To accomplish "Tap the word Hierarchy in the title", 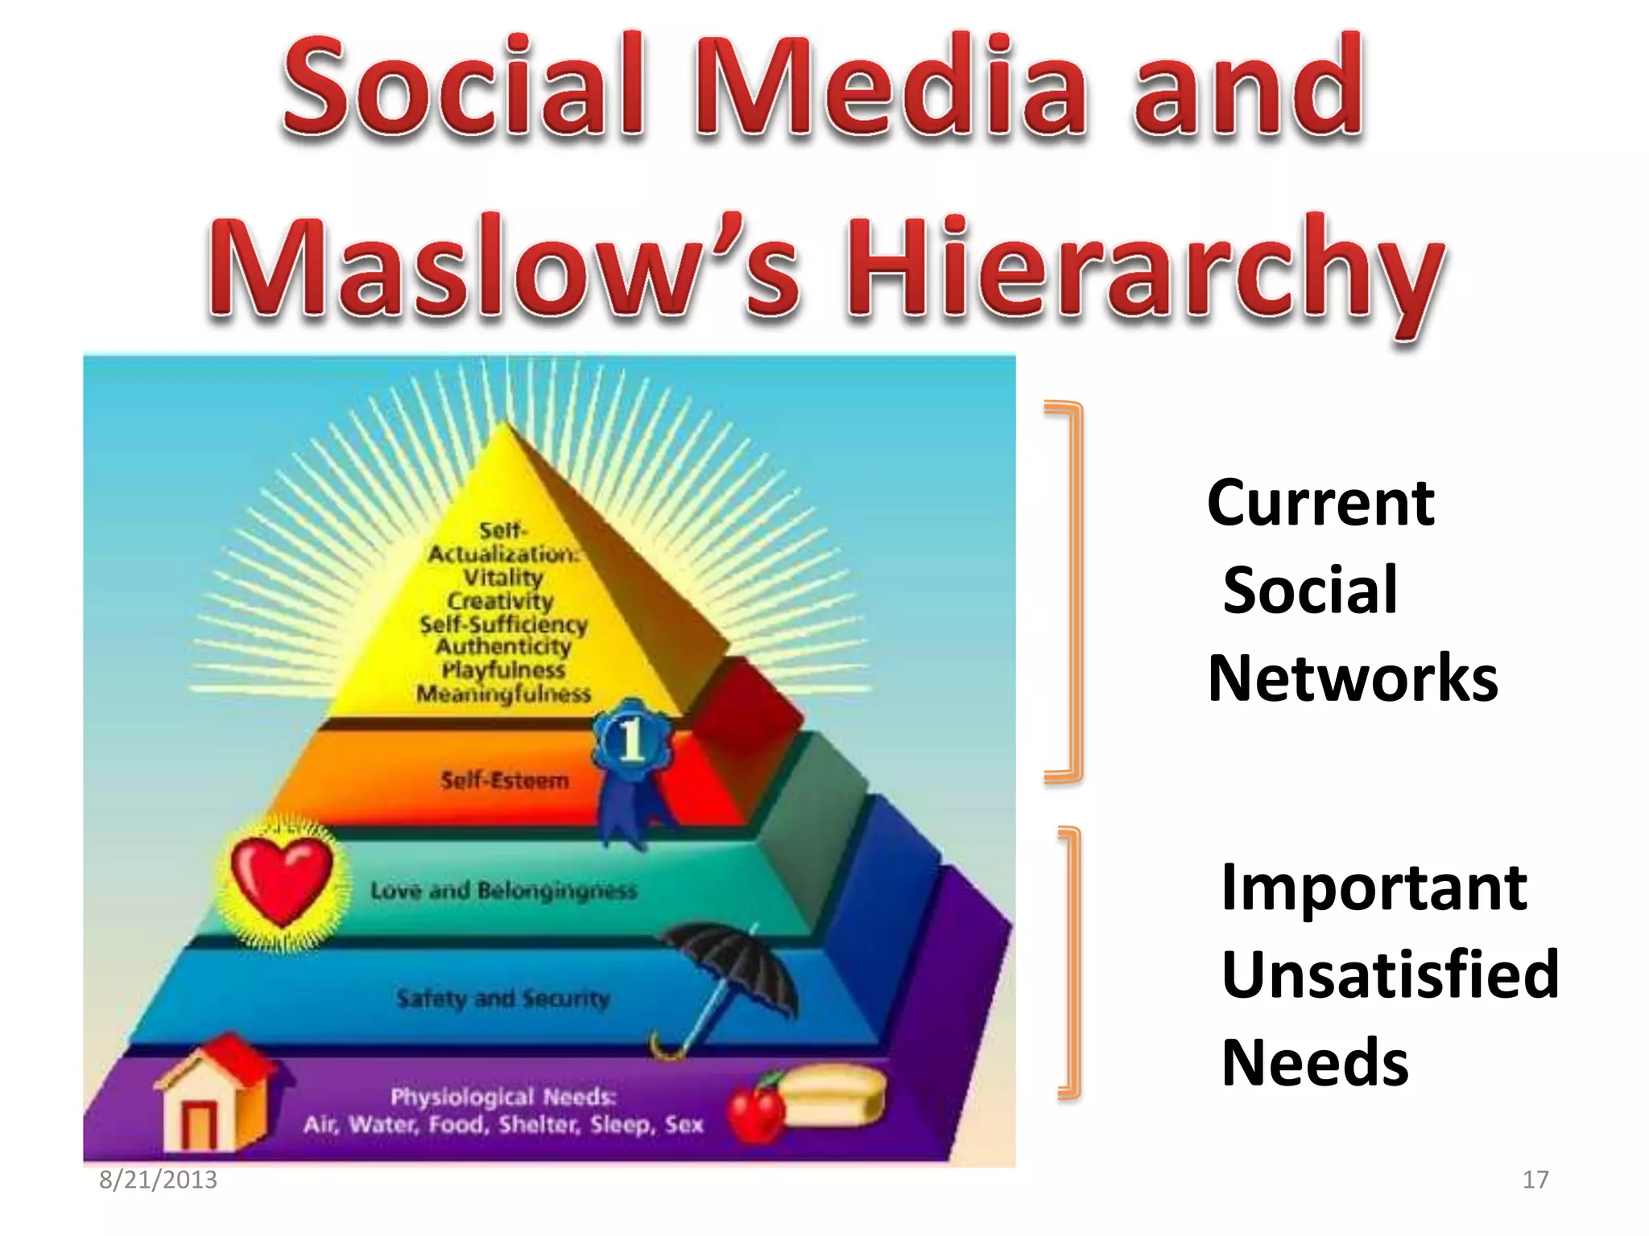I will pos(1143,270).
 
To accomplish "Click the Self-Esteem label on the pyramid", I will pos(505,780).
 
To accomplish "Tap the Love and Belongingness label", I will pos(503,890).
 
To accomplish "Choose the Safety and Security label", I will pos(503,999).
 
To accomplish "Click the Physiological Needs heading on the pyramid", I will pos(503,1097).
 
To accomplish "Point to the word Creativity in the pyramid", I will pos(501,601).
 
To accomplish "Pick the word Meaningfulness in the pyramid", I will pos(503,694).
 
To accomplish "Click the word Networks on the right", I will pos(1353,678).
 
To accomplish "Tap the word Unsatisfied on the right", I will pos(1391,974).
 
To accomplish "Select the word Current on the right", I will pos(1320,503).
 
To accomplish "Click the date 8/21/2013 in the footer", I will pos(158,1180).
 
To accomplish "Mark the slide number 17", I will pos(1535,1180).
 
